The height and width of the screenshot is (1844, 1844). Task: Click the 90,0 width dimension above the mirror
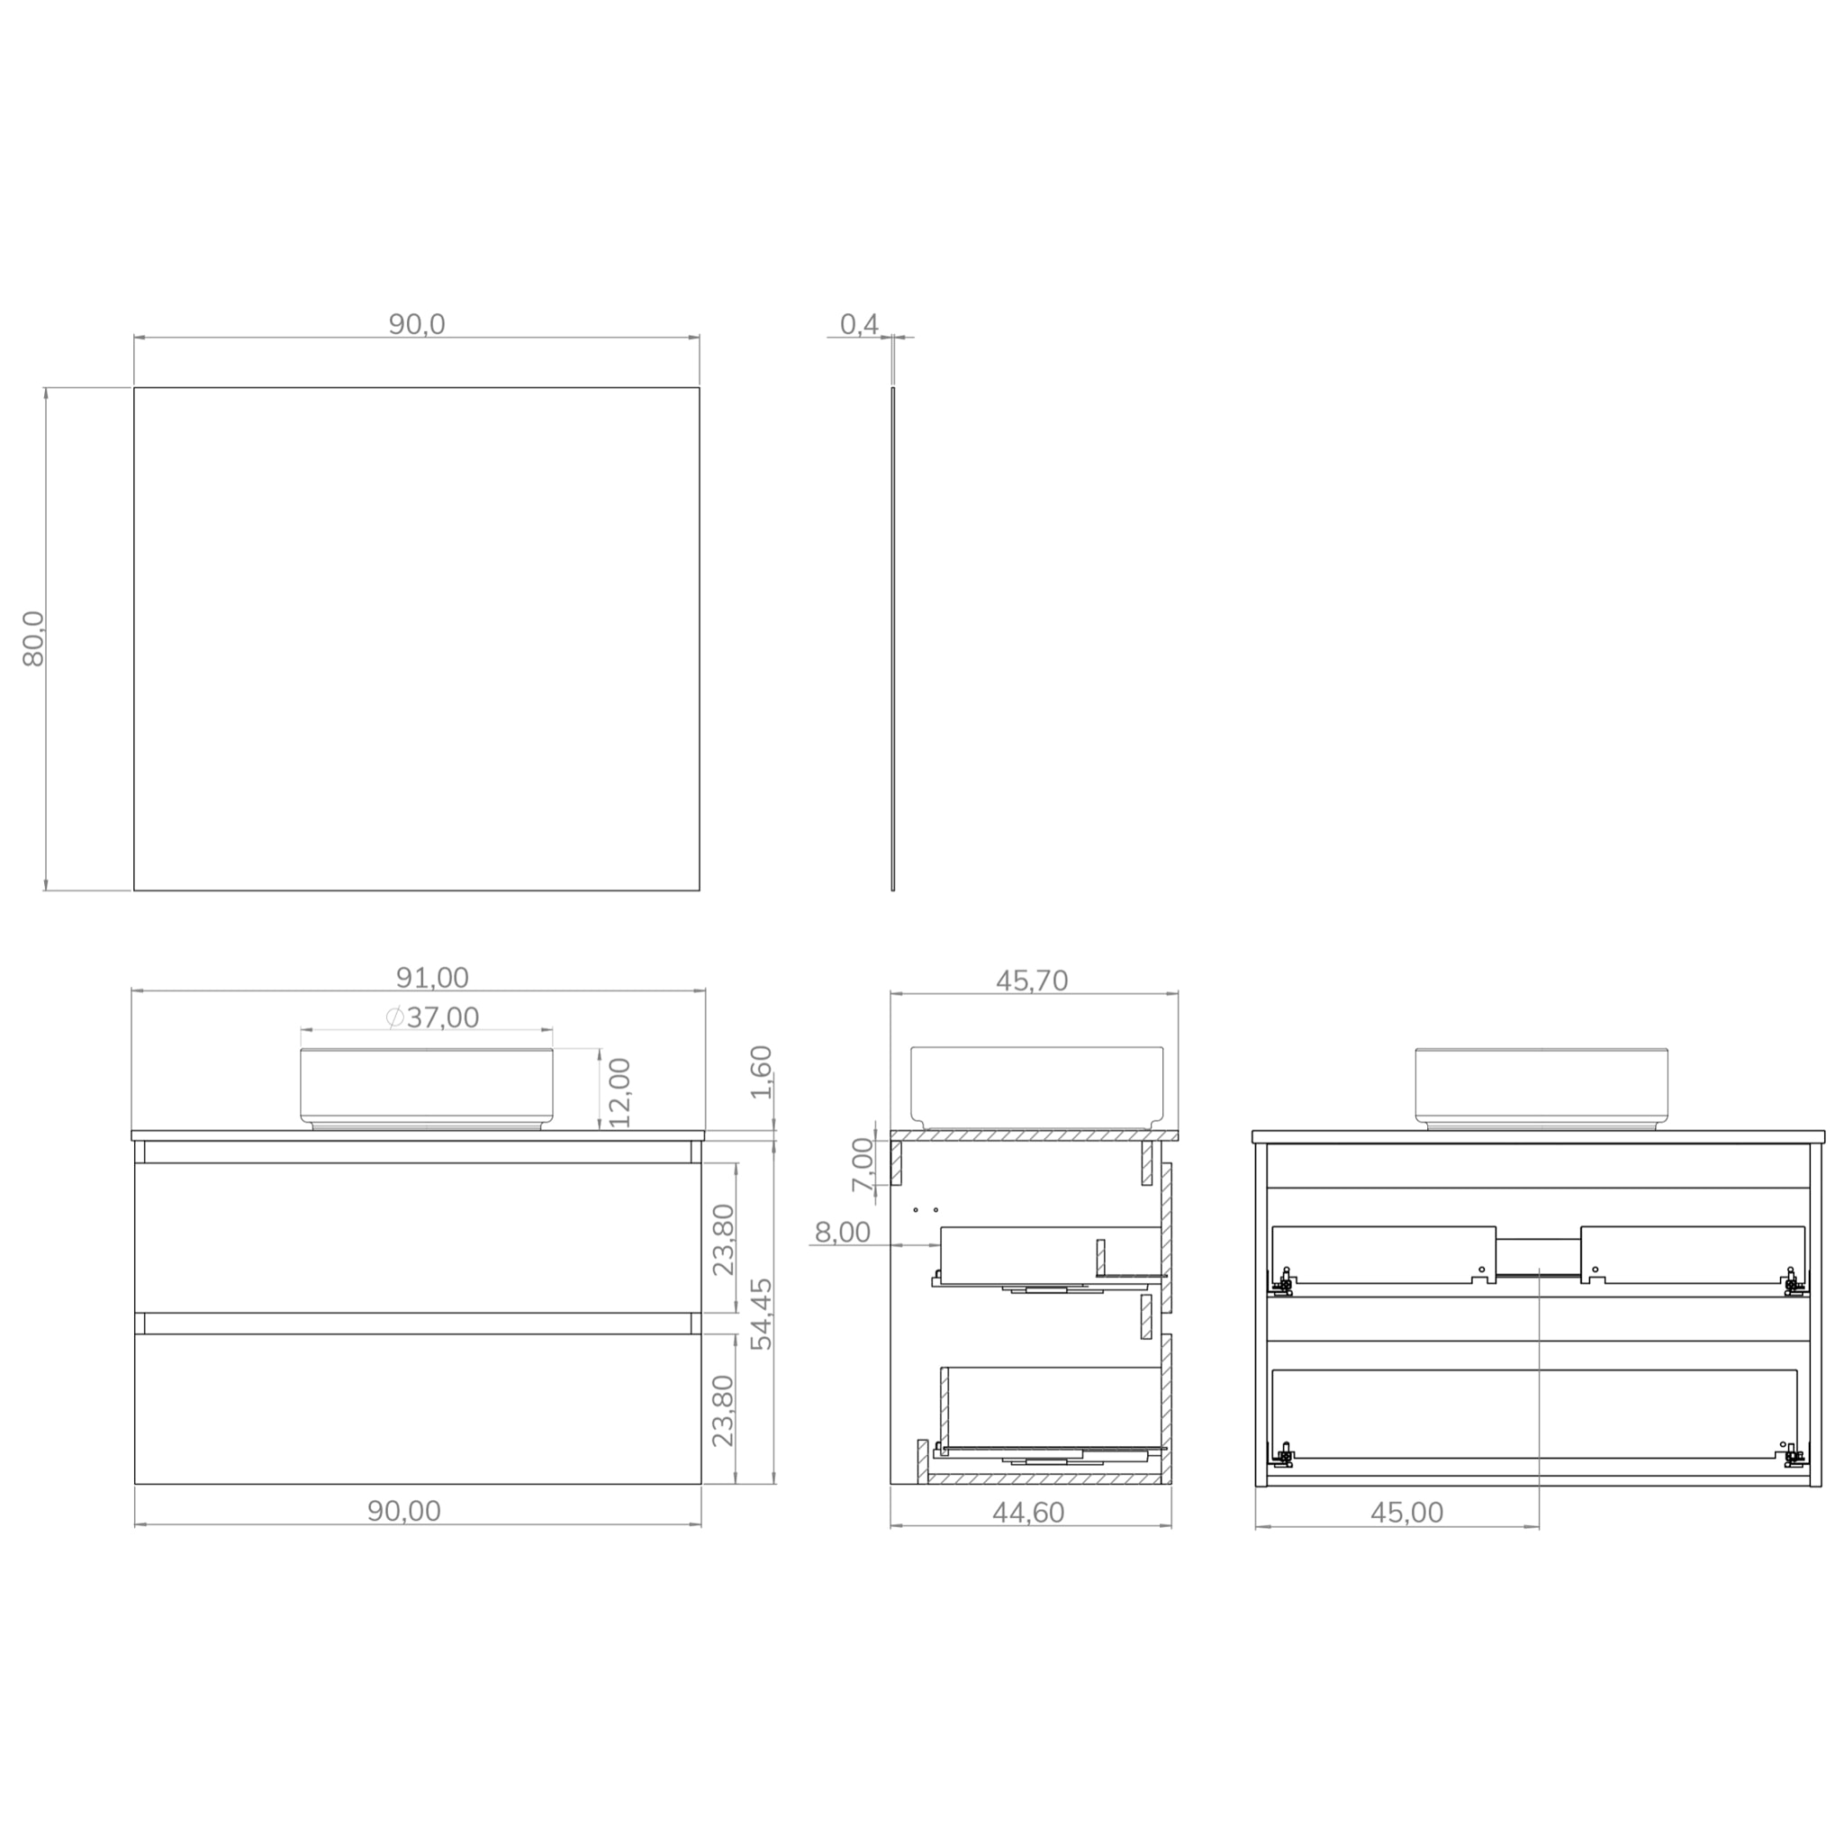coord(416,324)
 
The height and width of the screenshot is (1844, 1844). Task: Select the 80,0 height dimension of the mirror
coord(33,638)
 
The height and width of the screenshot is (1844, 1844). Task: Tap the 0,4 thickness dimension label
coord(859,324)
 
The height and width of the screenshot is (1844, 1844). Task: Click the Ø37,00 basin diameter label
coord(432,1017)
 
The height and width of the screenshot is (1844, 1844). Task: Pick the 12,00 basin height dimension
coord(620,1092)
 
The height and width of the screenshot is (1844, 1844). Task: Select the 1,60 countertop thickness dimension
coord(761,1071)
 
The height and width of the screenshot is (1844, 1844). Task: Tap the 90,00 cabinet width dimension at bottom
coord(404,1511)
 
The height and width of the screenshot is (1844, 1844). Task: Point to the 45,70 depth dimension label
coord(1032,981)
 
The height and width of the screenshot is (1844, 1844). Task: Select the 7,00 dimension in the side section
coord(863,1163)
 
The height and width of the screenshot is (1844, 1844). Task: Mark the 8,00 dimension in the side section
coord(842,1233)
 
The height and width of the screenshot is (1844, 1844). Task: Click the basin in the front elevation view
coord(427,1088)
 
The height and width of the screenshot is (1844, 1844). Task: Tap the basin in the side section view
coord(1037,1085)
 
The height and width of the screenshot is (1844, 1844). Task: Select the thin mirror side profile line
coord(893,638)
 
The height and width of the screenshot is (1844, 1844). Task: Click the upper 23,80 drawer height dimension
coord(725,1239)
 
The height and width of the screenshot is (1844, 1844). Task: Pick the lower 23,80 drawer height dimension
coord(725,1410)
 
